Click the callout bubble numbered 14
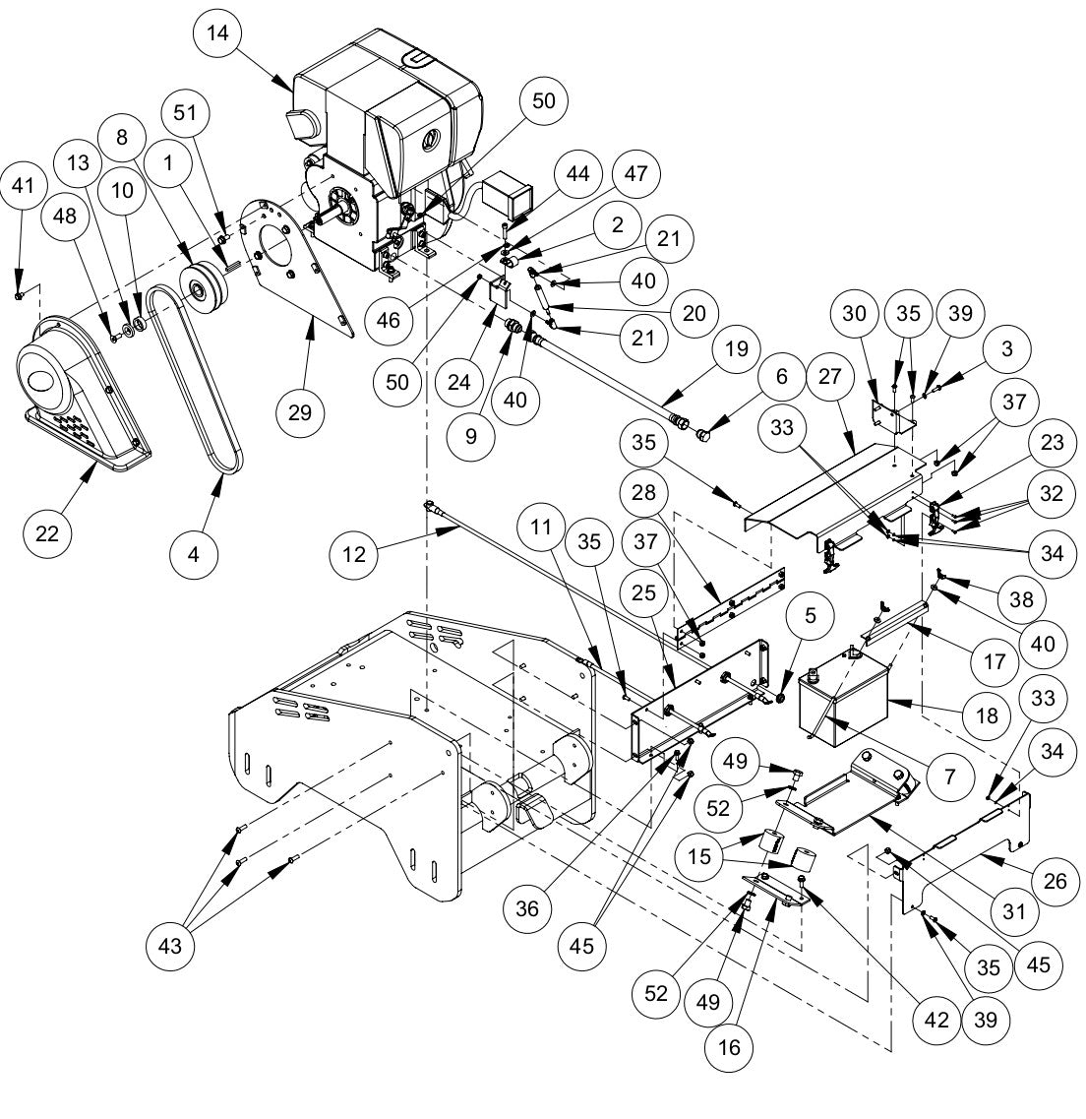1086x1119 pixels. (x=217, y=33)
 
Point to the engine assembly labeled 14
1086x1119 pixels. (x=393, y=128)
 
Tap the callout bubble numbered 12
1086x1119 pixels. (x=354, y=553)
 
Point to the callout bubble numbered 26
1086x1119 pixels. (x=1054, y=880)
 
